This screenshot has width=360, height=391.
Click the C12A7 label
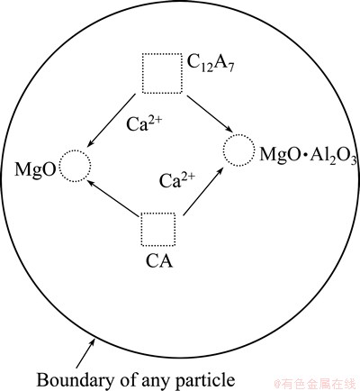pos(211,63)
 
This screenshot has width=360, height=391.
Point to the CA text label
pos(159,261)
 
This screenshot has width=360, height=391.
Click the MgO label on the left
pos(35,170)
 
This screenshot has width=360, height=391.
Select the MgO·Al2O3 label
pos(309,155)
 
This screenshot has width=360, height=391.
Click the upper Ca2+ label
pos(144,123)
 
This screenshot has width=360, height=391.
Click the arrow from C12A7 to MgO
pos(111,121)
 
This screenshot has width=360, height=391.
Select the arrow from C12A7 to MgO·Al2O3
pos(210,114)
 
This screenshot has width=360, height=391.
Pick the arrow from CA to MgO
pos(113,194)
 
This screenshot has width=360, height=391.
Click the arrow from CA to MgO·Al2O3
pos(203,191)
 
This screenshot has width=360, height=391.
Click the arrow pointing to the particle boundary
pos(85,352)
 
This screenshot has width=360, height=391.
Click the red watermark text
pos(315,384)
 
